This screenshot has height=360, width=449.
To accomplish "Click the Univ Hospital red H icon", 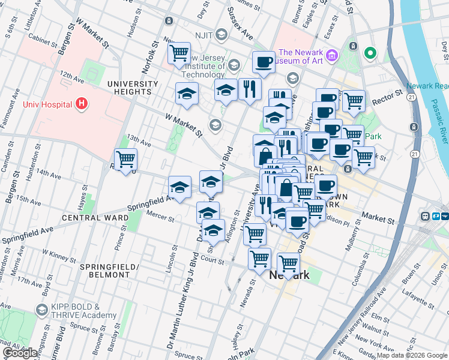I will click(82, 104).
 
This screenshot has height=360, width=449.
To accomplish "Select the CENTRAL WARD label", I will click(95, 217).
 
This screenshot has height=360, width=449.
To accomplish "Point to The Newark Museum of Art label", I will click(300, 55).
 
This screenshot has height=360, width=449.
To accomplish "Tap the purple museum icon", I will click(333, 56).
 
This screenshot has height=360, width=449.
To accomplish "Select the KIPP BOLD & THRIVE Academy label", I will click(83, 310).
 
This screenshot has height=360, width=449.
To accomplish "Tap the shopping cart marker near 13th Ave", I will click(125, 160).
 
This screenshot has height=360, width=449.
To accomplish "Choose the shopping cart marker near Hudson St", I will click(179, 54).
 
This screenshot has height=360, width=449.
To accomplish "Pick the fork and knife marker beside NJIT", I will click(249, 89).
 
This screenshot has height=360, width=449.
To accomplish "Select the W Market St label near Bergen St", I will click(92, 37).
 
